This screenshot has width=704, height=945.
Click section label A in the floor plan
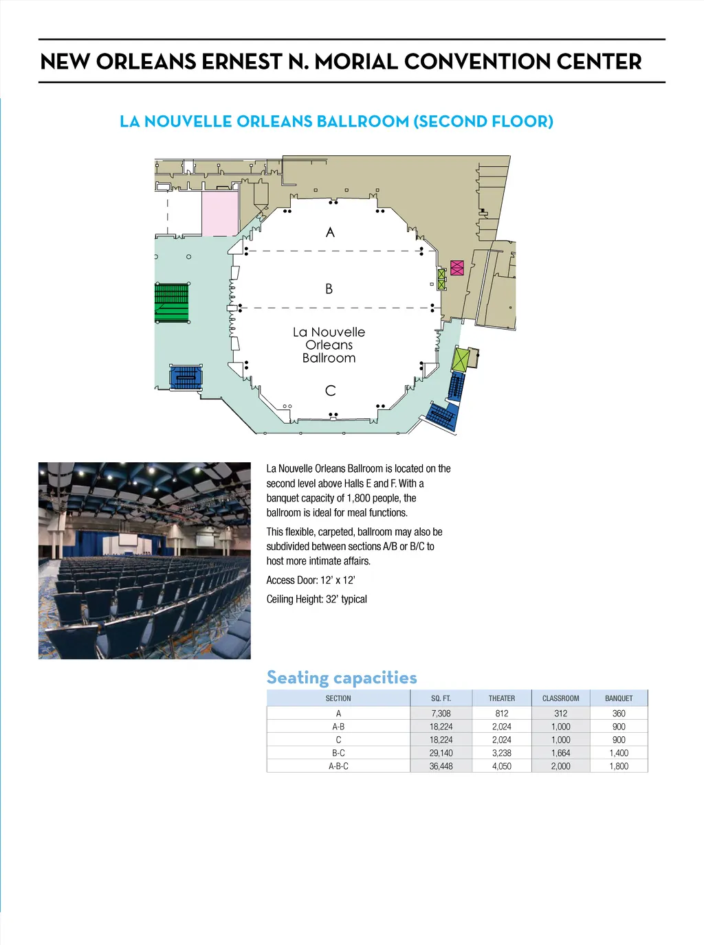330,232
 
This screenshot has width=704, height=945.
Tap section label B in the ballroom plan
329,289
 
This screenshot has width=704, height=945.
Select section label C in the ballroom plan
330,391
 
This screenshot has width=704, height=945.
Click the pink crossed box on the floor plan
457,267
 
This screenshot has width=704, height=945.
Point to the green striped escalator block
171,303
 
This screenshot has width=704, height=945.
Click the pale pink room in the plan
219,214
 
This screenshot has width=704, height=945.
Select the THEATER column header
501,698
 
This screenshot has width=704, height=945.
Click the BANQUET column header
619,698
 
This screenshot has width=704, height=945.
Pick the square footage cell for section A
441,714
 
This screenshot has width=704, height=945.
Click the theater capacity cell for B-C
501,753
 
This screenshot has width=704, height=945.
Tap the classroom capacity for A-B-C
560,766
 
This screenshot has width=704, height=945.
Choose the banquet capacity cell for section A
619,714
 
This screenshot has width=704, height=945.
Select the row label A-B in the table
338,727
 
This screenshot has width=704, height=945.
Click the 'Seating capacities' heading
342,678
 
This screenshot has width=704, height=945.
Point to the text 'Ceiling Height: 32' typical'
316,600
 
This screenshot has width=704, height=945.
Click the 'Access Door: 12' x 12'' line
311,580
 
